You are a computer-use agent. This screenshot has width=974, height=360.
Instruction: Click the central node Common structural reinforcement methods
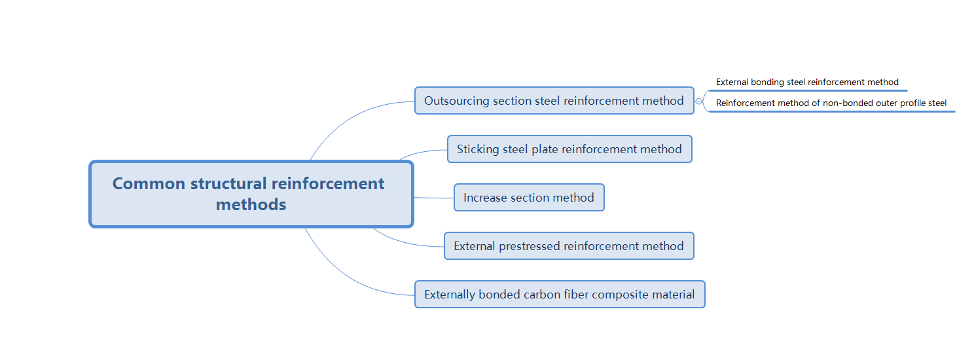pos(251,194)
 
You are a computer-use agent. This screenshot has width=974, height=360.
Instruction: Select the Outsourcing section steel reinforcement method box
pos(554,101)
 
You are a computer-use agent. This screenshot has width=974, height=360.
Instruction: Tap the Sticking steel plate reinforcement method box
pos(569,149)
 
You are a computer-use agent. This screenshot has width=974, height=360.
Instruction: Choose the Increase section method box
pos(528,198)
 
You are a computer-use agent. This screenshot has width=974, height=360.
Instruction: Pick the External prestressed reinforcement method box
pos(568,246)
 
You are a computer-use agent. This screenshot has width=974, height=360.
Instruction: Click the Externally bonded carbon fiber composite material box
pos(559,295)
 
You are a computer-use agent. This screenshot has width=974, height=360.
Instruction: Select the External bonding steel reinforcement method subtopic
pos(807,82)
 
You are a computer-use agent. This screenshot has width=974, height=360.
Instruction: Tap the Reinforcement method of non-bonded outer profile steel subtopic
pos(831,103)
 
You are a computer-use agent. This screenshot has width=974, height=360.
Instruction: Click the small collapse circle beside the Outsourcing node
pos(698,101)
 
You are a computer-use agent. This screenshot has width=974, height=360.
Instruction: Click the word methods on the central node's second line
pos(251,205)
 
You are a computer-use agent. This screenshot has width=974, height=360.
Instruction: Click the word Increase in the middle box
pos(485,198)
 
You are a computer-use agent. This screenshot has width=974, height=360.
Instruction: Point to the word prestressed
pos(530,246)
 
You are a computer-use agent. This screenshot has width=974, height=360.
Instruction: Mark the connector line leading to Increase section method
pos(433,198)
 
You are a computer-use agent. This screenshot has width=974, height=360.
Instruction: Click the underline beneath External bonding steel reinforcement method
pos(808,90)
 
